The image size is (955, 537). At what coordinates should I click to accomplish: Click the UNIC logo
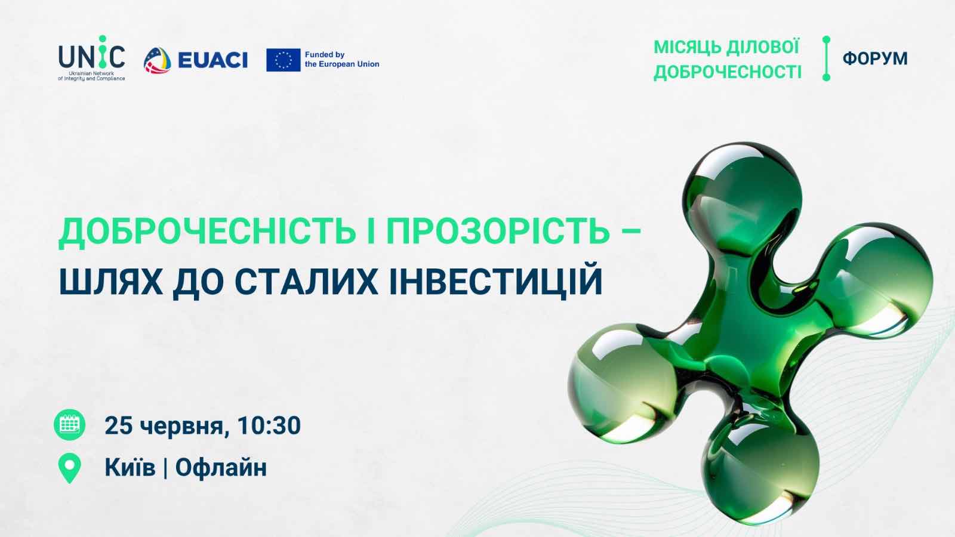point(92,58)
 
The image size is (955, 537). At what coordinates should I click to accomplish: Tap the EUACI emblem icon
point(158,60)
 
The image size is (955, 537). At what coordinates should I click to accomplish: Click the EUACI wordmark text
point(212,60)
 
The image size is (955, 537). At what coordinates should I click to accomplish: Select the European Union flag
point(284,60)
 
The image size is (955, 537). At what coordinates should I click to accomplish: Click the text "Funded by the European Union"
point(342,59)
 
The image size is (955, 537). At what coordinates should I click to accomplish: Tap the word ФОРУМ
point(875,58)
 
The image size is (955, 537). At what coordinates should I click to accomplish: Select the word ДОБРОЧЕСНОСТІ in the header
point(728,72)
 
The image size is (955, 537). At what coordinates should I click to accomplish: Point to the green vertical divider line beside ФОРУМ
point(826,58)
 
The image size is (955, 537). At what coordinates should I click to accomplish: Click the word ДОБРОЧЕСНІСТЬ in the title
point(207,232)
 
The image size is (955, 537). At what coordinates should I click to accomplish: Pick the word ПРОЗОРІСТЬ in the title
point(498,232)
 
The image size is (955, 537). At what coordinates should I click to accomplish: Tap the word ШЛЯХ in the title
point(111,281)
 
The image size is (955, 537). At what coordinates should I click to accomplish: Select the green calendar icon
point(69,425)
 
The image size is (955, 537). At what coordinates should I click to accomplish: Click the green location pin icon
point(69,468)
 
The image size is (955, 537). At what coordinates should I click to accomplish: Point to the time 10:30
point(269,425)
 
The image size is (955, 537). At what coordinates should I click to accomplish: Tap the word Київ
point(130,467)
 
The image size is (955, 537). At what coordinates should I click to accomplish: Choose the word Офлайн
point(221,468)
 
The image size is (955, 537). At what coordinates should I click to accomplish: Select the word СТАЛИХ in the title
point(306,281)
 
